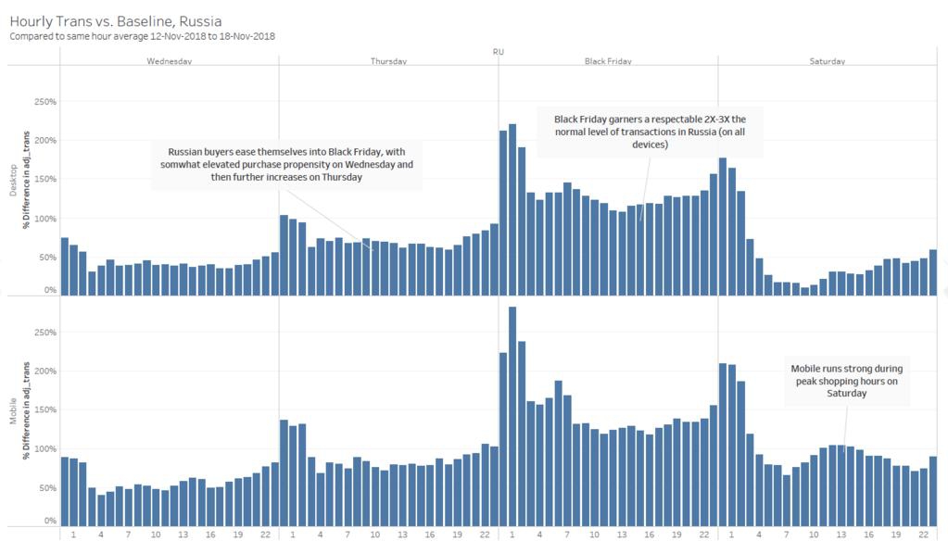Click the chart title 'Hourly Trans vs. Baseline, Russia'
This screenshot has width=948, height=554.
click(115, 19)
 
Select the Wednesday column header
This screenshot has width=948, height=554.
click(170, 62)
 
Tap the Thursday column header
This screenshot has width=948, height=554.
click(388, 62)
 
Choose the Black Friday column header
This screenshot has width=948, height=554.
click(608, 62)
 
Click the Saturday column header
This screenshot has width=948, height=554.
click(828, 62)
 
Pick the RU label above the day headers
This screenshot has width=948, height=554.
click(499, 52)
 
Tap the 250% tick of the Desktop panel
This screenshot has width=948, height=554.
click(45, 101)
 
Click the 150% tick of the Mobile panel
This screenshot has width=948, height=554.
click(45, 409)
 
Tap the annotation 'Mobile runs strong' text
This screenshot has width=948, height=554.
click(847, 380)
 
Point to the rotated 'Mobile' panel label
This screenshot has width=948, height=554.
click(13, 413)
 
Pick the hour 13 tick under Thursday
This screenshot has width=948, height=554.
click(402, 535)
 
